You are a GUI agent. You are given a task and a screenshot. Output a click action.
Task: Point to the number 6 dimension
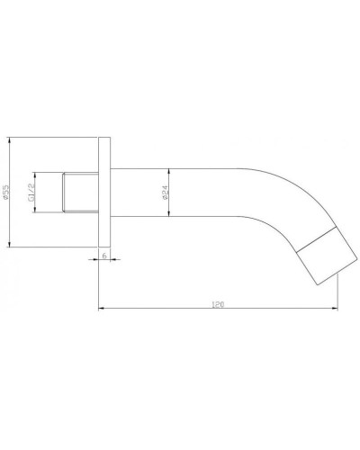104,256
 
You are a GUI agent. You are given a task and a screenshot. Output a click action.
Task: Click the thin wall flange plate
104,192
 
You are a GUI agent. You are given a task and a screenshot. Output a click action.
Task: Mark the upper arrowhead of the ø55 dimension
10,141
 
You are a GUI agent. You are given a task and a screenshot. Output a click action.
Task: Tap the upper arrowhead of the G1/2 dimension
35,174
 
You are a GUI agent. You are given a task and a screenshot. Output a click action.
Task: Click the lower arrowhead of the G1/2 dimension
35,210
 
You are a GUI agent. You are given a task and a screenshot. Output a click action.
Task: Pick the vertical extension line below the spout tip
338,297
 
